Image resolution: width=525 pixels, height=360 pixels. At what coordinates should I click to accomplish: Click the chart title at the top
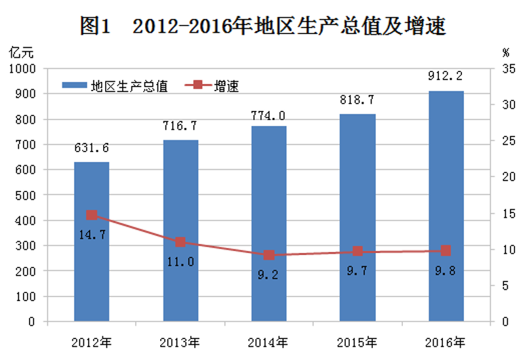[x=262, y=26]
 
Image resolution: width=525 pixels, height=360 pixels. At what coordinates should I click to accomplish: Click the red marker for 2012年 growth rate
[x=91, y=215]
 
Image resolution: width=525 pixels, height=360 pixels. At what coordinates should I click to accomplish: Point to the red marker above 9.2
[x=268, y=255]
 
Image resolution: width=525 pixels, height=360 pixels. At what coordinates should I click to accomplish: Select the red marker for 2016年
[x=446, y=250]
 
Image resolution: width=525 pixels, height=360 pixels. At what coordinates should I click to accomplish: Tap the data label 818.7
[x=357, y=100]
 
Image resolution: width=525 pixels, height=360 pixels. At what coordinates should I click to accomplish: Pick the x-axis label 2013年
[x=180, y=342]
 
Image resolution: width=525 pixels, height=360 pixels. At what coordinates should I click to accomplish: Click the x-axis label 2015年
[x=357, y=342]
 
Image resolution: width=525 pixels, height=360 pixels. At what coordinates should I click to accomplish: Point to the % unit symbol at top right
[x=505, y=50]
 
